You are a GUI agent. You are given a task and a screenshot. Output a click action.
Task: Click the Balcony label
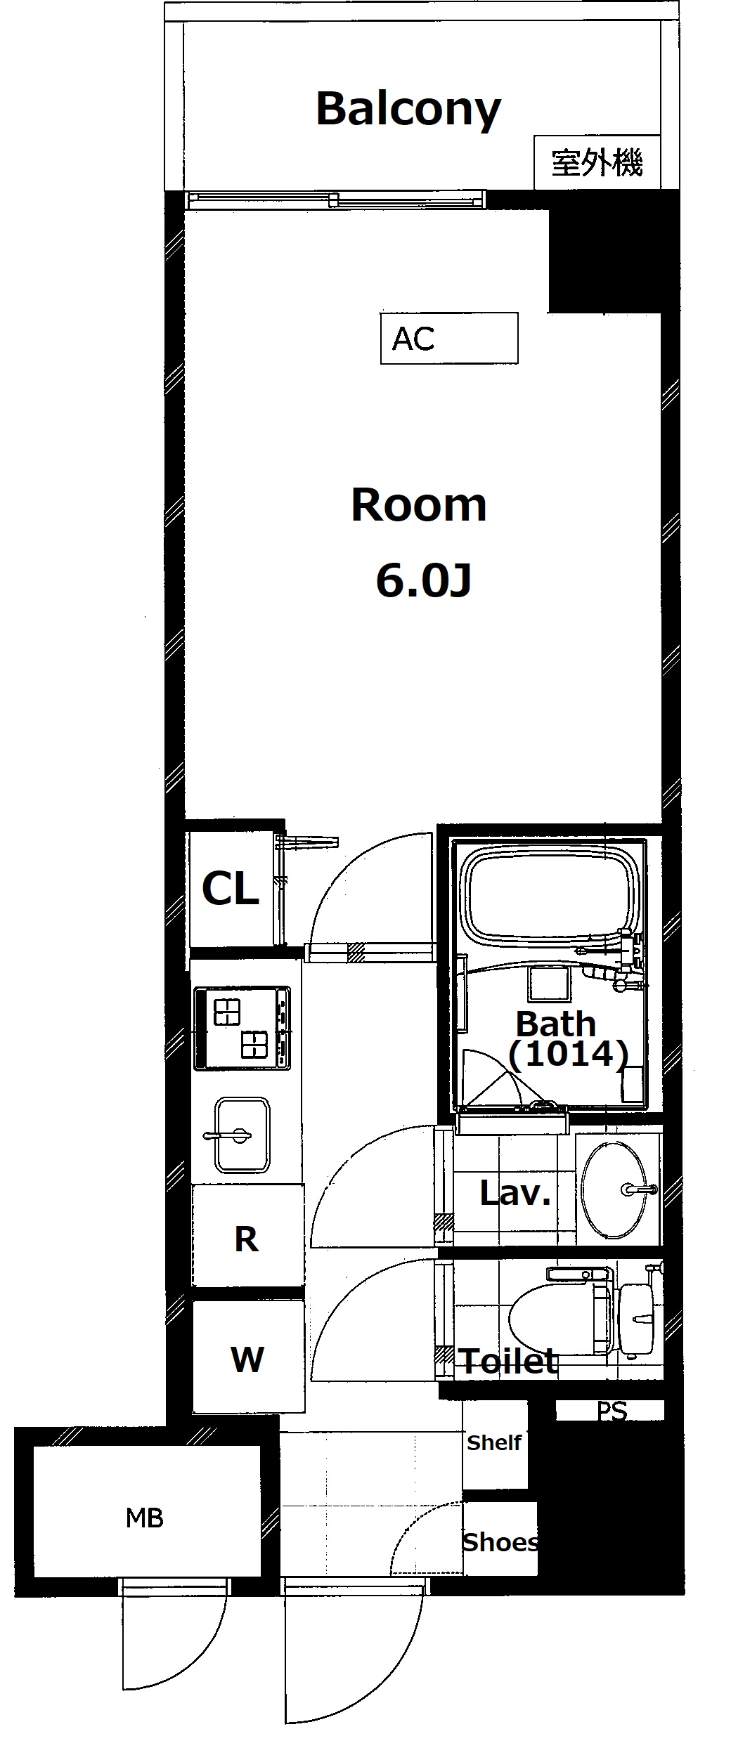pyautogui.click(x=408, y=110)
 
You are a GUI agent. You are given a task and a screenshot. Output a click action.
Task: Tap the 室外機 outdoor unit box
pyautogui.click(x=597, y=162)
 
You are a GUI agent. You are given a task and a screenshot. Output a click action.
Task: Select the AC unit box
pyautogui.click(x=449, y=338)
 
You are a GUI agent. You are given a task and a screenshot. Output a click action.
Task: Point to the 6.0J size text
pyautogui.click(x=423, y=580)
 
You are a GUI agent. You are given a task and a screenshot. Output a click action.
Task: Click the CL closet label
pyautogui.click(x=231, y=889)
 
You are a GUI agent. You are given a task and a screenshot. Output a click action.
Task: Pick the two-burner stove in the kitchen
pyautogui.click(x=242, y=1028)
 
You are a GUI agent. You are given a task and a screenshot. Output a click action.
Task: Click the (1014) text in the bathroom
pyautogui.click(x=568, y=1055)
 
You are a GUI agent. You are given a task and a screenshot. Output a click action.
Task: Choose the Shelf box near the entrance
pyautogui.click(x=495, y=1443)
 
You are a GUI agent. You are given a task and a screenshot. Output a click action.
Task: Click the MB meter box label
pyautogui.click(x=145, y=1519)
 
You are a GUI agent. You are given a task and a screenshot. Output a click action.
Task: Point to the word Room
pyautogui.click(x=419, y=505)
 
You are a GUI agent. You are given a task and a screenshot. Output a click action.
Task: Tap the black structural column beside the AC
pyautogui.click(x=604, y=260)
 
